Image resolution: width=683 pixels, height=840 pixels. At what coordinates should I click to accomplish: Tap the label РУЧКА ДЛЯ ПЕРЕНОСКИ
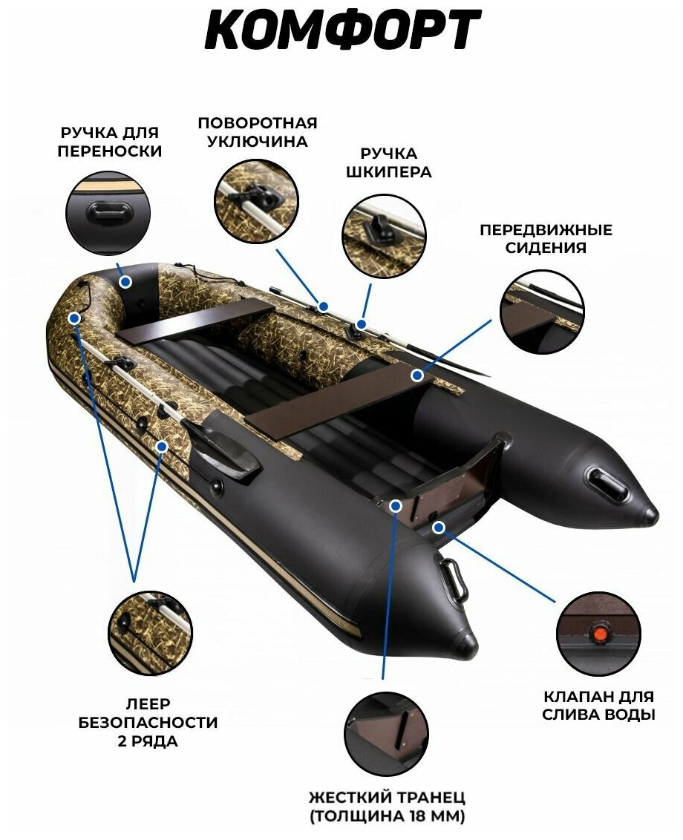pos(111,142)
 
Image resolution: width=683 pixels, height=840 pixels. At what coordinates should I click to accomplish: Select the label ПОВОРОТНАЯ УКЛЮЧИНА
pos(257,132)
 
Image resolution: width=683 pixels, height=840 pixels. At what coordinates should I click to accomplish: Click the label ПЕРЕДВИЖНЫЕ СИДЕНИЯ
pos(546,239)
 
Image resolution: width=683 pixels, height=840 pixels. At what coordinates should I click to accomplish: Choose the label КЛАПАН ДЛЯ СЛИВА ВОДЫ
pos(598,706)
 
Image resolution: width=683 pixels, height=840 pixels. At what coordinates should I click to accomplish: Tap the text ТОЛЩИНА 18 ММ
pos(387,818)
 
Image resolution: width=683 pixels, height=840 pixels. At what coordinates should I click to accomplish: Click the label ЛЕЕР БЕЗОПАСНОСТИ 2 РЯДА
pos(148,721)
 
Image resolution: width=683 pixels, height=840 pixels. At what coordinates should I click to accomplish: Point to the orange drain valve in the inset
pos(598,634)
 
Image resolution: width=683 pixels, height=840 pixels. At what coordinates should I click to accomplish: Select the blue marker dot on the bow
pos(125,282)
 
